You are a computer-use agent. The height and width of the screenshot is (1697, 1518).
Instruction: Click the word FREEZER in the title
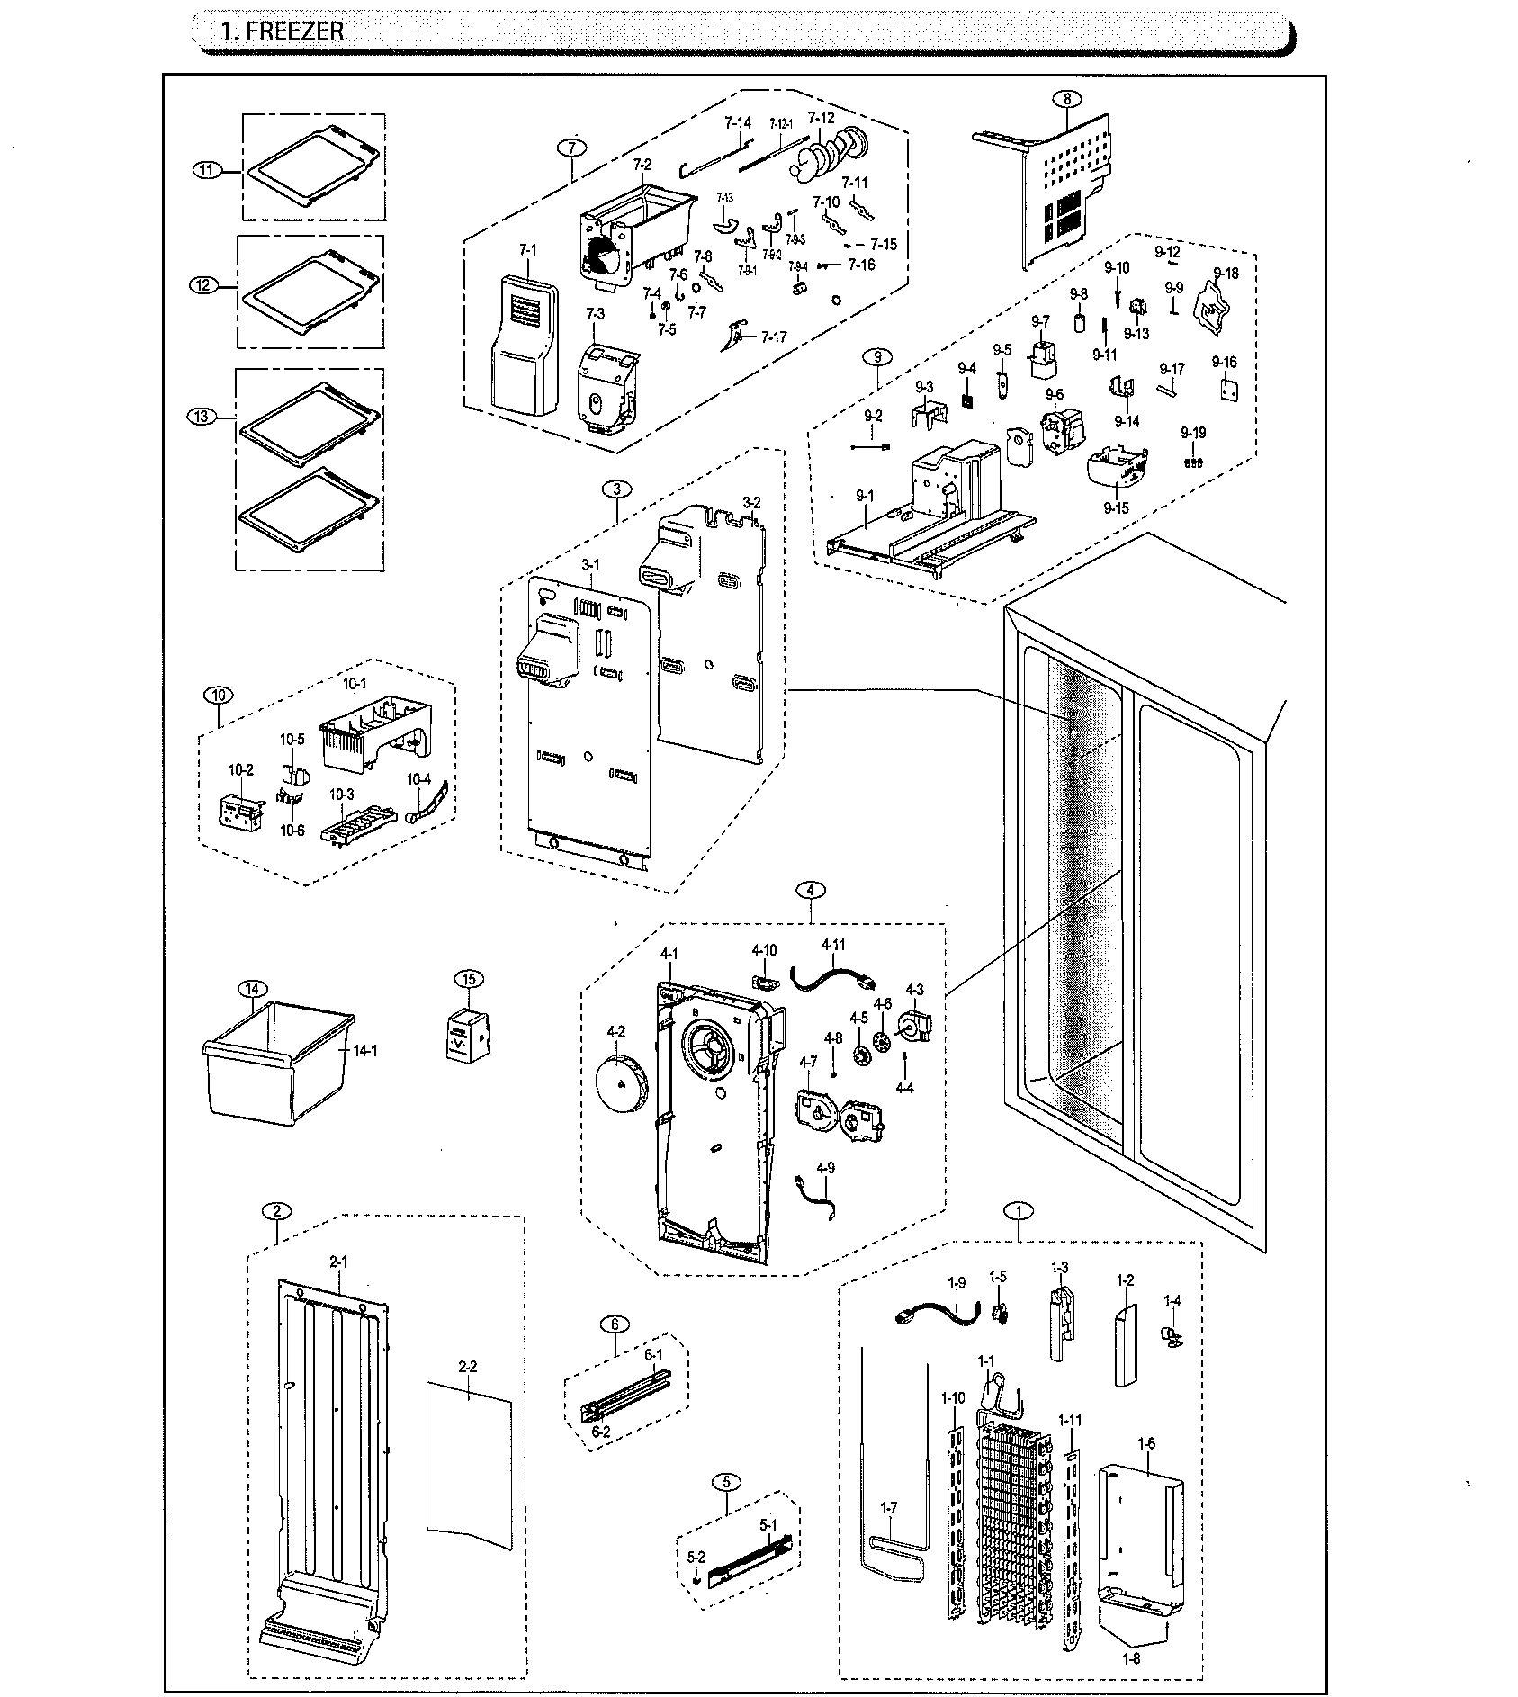[295, 31]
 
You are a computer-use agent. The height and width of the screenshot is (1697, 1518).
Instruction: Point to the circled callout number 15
[468, 979]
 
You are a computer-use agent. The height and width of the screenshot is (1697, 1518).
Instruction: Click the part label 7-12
[821, 118]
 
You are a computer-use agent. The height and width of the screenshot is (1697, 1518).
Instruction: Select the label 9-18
[1225, 274]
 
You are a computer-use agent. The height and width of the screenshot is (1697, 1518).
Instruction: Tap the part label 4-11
[833, 945]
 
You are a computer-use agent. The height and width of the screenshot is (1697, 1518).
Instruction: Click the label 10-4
[419, 778]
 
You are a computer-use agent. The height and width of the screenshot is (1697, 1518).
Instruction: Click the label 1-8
[1131, 1657]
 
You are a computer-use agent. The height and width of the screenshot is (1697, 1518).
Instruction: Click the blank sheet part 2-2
[468, 1476]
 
